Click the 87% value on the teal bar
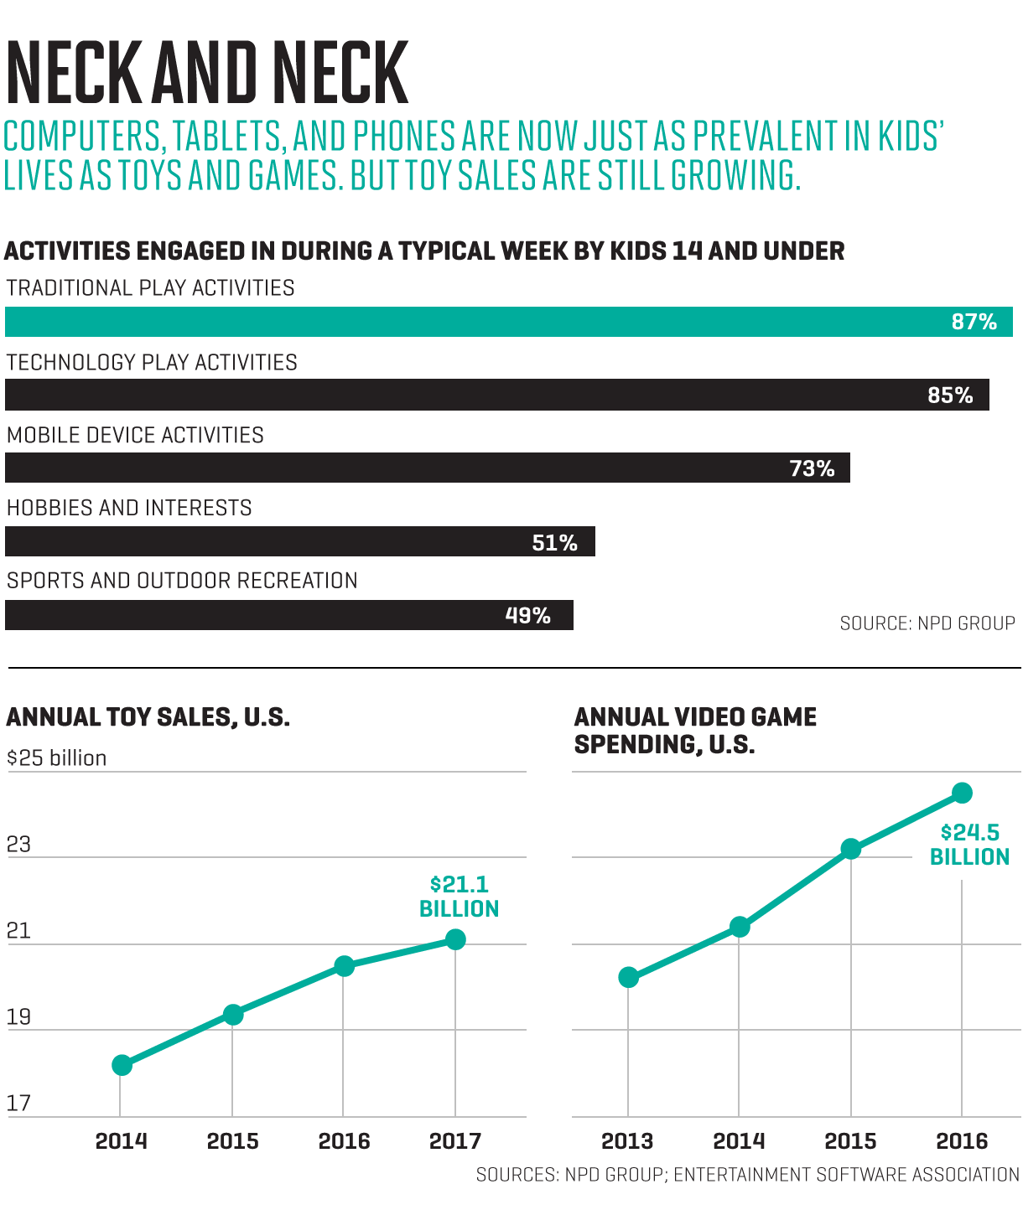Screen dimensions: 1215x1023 (x=974, y=323)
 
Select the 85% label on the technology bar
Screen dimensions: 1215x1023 (x=950, y=396)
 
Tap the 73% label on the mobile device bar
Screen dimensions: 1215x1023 (x=812, y=468)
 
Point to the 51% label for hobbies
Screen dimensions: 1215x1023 (x=554, y=543)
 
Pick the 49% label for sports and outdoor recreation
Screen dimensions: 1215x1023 (x=527, y=616)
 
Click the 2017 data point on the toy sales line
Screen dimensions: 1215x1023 (x=455, y=939)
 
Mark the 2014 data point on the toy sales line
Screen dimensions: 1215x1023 (x=122, y=1065)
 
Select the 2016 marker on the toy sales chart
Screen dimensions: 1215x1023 (x=344, y=966)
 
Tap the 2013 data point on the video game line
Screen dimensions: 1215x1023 (x=628, y=977)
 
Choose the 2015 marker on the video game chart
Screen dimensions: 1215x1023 (x=851, y=849)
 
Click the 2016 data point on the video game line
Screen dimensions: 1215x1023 (x=963, y=793)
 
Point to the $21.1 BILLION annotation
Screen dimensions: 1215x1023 (x=459, y=897)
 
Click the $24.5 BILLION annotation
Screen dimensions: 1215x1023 (x=969, y=845)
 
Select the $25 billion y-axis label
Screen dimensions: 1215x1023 (x=57, y=758)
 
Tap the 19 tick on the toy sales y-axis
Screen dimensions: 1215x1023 (x=18, y=1017)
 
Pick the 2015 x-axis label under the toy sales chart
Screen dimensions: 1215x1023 (x=232, y=1141)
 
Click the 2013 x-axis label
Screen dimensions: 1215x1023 (x=627, y=1141)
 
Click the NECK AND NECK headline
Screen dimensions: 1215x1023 (x=207, y=74)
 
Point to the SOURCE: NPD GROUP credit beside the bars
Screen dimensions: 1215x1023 (x=927, y=623)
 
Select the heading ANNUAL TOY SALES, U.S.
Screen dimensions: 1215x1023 (x=148, y=717)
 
